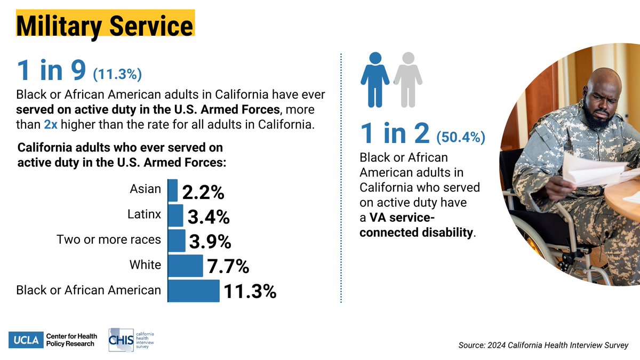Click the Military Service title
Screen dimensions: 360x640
pos(105,26)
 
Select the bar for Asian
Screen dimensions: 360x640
pos(173,190)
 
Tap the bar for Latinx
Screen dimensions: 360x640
pos(175,215)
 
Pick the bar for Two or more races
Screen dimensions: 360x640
pos(177,240)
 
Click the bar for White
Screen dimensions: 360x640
pos(186,265)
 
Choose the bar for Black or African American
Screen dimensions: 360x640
pos(194,290)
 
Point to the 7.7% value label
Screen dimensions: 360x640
pos(228,266)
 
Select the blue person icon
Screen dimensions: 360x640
pos(375,79)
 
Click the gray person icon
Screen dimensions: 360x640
pos(408,79)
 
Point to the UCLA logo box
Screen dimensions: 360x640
pos(25,340)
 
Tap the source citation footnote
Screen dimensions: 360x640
pos(543,345)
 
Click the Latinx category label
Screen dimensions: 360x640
pos(144,214)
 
